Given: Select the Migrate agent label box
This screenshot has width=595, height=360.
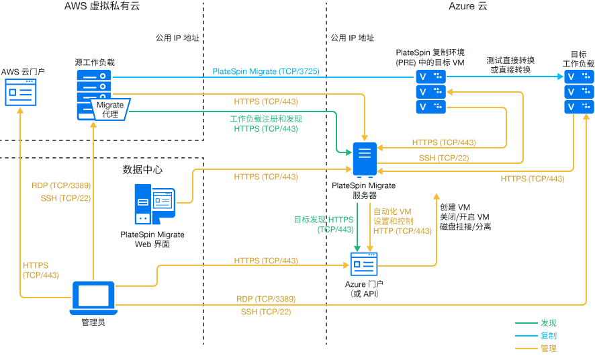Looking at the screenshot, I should coord(110,109).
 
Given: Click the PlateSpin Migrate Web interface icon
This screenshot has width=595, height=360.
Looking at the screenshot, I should coord(154,205).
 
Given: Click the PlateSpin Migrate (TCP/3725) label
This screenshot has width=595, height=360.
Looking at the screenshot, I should coord(265,71).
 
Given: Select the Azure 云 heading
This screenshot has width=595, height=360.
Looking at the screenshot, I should coord(468,7).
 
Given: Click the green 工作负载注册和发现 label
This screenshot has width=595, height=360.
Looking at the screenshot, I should coord(265,119).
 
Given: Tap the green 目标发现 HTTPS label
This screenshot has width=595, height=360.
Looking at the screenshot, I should coord(324,220).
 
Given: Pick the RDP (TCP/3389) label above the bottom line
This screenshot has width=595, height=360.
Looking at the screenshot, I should coord(266,299).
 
